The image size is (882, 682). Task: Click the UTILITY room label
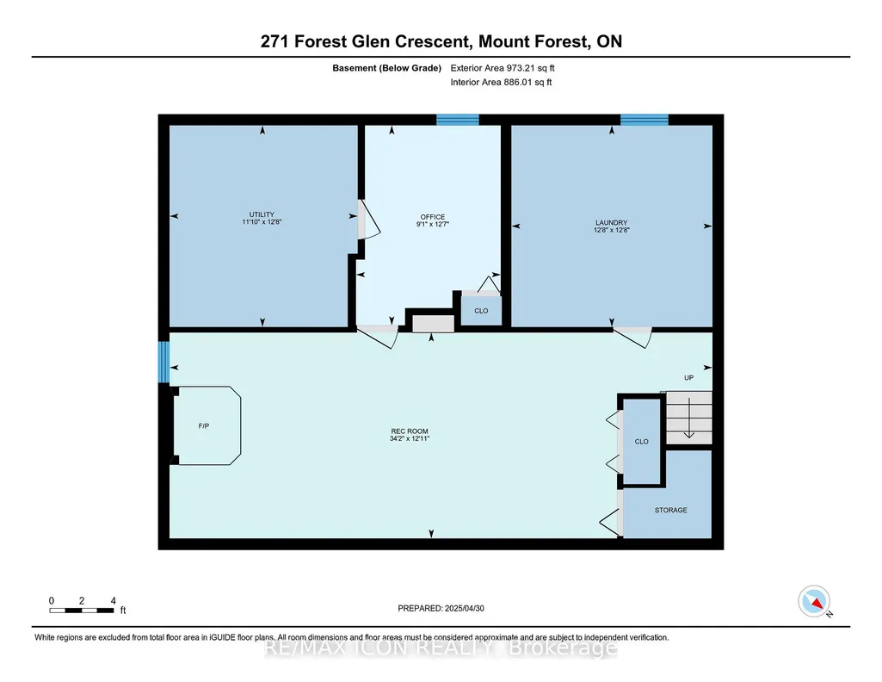point(262,214)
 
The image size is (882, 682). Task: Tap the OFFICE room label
point(433,217)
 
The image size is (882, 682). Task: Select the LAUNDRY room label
point(612,222)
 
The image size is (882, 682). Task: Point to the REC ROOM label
point(410,431)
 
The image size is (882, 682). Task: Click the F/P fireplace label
point(204,426)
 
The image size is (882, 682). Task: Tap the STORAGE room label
point(670,510)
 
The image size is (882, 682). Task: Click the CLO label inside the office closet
point(481,311)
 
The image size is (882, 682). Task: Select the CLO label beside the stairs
point(641,441)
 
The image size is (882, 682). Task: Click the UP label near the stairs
point(688,377)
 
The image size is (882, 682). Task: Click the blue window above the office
point(458,120)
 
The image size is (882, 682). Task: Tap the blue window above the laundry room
point(644,120)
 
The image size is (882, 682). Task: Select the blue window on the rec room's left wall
point(163,362)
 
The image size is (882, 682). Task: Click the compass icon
point(814,601)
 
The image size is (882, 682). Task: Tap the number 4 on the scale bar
point(113,600)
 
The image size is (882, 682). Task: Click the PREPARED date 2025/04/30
point(464,608)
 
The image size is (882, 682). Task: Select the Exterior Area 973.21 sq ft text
point(503,68)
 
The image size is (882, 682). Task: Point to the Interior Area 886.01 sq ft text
point(501,82)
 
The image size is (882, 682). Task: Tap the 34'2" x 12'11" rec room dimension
point(410,438)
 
